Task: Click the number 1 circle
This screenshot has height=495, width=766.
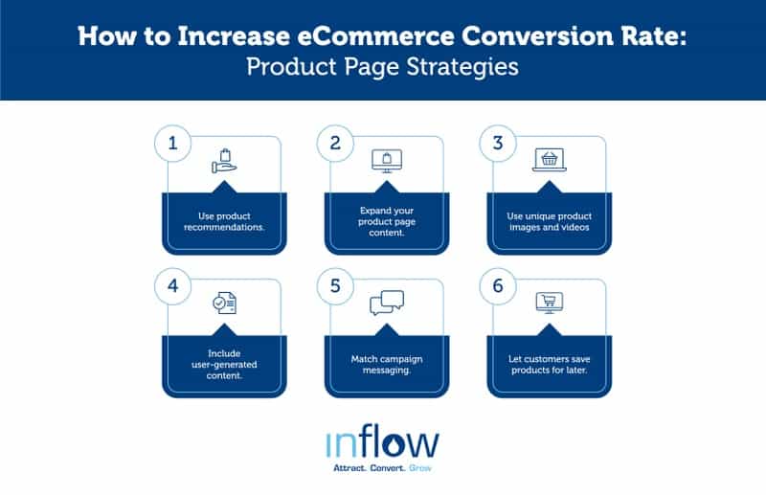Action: point(173,145)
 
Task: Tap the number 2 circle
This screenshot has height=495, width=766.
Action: point(335,145)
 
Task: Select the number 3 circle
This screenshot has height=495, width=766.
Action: point(498,145)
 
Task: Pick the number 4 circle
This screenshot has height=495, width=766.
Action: point(173,288)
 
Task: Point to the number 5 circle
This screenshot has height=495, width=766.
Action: point(335,288)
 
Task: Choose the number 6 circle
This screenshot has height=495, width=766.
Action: point(498,288)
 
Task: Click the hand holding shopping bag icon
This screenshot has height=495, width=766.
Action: point(224,162)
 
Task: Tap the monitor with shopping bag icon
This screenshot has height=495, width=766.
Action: point(387,162)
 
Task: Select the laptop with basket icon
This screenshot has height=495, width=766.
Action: point(549,162)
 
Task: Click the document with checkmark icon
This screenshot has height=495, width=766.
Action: point(224,304)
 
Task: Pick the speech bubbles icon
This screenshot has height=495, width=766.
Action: point(387,304)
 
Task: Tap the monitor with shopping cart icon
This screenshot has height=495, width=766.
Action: point(549,304)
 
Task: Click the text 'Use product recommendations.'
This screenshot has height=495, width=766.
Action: point(224,222)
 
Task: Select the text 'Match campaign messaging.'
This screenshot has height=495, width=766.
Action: point(387,365)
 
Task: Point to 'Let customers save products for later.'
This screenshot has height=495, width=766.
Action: point(549,365)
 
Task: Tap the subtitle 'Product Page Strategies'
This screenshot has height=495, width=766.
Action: point(383,68)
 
